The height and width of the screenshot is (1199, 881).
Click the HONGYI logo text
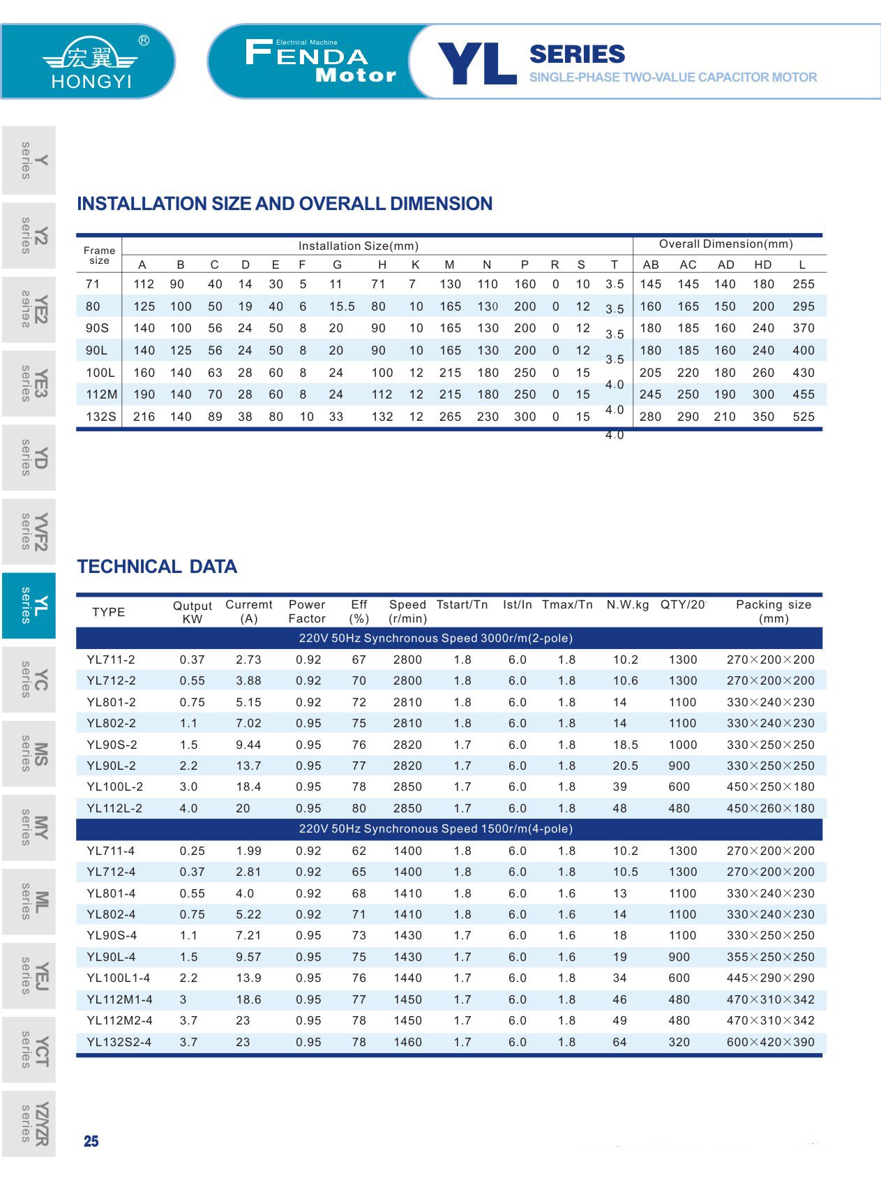coord(91,81)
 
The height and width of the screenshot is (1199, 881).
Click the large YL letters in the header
coord(477,64)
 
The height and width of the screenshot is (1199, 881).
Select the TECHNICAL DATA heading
coord(157,566)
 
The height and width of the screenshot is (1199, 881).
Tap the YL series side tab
coord(29,606)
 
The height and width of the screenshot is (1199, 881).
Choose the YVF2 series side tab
coord(29,531)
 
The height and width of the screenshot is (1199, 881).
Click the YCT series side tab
coord(29,1050)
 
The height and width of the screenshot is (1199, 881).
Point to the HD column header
coord(762,265)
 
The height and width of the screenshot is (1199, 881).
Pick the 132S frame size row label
coord(100,417)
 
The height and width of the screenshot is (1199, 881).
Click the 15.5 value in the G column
coord(342,306)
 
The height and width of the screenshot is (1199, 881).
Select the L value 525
coord(803,417)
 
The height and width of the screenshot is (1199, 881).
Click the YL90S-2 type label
coord(112,745)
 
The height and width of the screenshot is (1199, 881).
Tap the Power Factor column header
coord(307,611)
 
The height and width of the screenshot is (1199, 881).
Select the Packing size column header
coord(773,611)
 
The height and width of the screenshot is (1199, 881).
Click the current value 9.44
coord(248,745)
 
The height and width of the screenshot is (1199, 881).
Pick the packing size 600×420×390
coord(770,1042)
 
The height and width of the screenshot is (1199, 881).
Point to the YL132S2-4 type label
coord(119,1042)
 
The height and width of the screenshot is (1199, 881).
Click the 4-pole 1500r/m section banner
coord(435,829)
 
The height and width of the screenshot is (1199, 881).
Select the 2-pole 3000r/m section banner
coord(435,638)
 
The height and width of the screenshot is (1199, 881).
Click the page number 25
coord(91,1141)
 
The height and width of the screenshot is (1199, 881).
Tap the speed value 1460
coord(407,1042)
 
